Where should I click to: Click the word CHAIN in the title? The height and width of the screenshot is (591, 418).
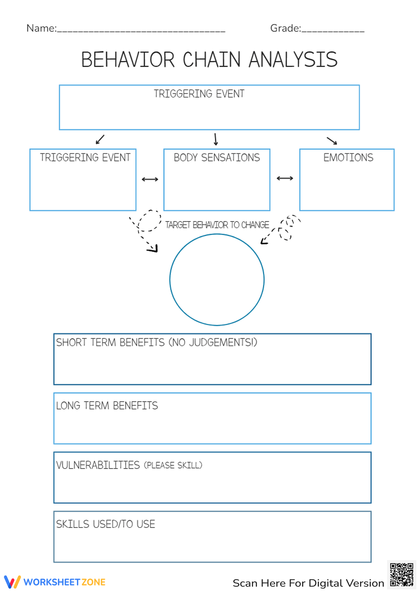tap(212, 60)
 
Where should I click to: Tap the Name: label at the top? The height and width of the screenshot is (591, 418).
tap(41, 28)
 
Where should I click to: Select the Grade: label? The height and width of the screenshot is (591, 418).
tap(285, 28)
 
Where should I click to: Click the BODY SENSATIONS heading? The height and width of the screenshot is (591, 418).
tap(217, 158)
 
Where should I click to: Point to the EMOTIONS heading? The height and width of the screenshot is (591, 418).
tap(348, 158)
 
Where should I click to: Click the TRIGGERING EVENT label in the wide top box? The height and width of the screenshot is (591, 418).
tap(199, 94)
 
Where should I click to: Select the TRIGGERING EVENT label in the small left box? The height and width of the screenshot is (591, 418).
tap(85, 158)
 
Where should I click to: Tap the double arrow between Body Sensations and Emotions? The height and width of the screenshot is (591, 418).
tap(285, 178)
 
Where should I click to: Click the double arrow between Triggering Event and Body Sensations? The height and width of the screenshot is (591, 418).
tap(150, 179)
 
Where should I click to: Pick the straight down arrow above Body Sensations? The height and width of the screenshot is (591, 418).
tap(216, 139)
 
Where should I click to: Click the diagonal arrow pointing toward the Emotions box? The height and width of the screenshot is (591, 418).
tap(332, 140)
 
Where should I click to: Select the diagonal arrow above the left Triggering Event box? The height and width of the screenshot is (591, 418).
tap(100, 139)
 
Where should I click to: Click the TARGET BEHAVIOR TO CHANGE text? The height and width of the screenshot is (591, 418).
tap(217, 225)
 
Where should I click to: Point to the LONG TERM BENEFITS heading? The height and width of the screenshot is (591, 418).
tap(107, 406)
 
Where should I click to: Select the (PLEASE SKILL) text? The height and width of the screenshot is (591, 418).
tap(173, 465)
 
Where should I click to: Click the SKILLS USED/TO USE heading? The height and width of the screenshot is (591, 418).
tap(106, 524)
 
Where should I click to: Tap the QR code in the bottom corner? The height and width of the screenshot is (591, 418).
tap(401, 575)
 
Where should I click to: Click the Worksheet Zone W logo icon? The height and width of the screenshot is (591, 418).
tap(12, 582)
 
